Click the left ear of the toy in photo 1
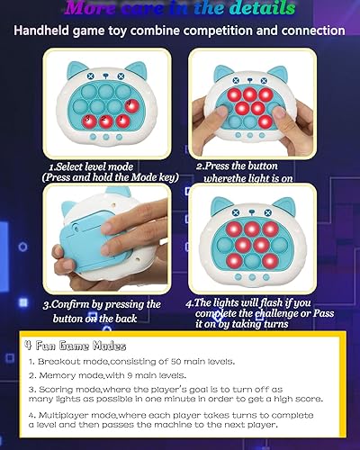(x=71, y=71)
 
